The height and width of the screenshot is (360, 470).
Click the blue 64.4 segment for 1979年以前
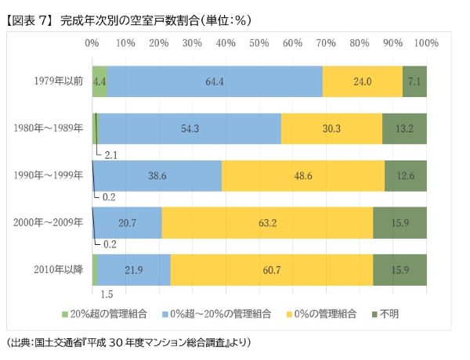pyautogui.click(x=215, y=81)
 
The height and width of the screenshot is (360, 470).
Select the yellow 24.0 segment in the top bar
pyautogui.click(x=362, y=81)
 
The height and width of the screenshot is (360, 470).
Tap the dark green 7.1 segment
pyautogui.click(x=414, y=81)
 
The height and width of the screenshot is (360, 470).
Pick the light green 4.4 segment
pyautogui.click(x=99, y=81)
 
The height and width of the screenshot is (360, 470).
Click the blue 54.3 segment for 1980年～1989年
pyautogui.click(x=189, y=128)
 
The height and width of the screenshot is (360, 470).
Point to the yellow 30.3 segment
pyautogui.click(x=331, y=128)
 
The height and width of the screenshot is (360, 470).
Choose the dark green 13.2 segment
pyautogui.click(x=404, y=128)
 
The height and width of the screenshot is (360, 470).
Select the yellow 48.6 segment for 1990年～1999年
pyautogui.click(x=302, y=175)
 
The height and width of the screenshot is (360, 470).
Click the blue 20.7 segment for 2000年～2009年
pyautogui.click(x=128, y=222)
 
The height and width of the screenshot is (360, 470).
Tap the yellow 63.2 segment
pyautogui.click(x=268, y=222)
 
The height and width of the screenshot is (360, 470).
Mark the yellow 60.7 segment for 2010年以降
pyautogui.click(x=272, y=269)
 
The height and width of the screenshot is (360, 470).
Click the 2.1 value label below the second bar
pyautogui.click(x=110, y=154)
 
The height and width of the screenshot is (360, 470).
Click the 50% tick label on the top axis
pyautogui.click(x=259, y=39)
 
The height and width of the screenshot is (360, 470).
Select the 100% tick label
pyautogui.click(x=425, y=39)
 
